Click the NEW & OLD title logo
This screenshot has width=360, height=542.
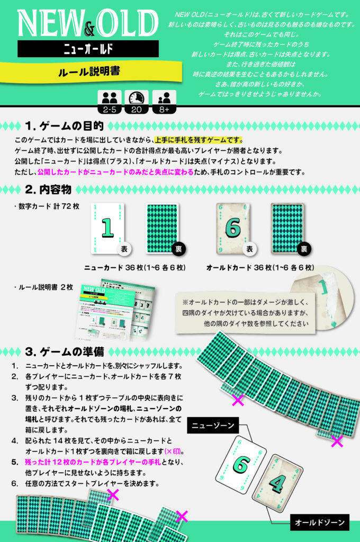click(88, 23)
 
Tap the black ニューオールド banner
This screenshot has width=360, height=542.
click(88, 49)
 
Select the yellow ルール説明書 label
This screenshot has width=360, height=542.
click(91, 72)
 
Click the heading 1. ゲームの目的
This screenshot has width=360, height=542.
click(64, 126)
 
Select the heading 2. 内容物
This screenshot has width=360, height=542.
click(48, 189)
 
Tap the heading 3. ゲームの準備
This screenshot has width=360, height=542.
click(65, 352)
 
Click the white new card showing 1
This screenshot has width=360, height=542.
click(107, 229)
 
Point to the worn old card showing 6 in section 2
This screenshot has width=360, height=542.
click(233, 229)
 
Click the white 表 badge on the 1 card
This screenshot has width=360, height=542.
click(124, 249)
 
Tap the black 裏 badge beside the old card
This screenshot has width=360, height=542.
click(304, 249)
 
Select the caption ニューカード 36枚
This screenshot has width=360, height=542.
click(135, 267)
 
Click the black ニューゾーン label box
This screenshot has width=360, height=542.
click(213, 426)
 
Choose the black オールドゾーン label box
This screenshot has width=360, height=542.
click(320, 522)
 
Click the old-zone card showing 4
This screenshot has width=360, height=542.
click(278, 483)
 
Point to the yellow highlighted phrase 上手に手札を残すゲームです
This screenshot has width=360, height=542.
click(199, 140)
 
